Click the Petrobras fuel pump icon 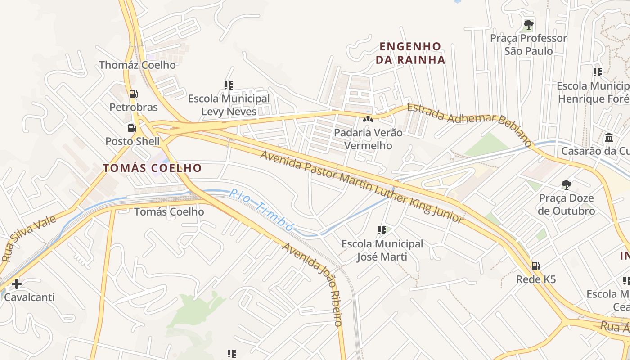coord(133,94)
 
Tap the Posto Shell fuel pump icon coord(132,128)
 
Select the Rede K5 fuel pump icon coord(535,266)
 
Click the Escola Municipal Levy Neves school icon coord(229,85)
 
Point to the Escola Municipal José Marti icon coord(382,230)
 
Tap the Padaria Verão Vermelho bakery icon coord(368,119)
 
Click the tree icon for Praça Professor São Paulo coord(529,25)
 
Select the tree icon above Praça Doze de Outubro coord(566,184)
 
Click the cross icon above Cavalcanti coord(17,284)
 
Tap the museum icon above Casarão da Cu coord(609,137)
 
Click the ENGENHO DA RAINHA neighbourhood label coord(410,53)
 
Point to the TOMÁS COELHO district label coord(152,168)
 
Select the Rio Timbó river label coord(261,210)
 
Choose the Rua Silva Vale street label coord(29,238)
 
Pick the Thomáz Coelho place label coord(137,65)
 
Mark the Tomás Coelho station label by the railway coord(169,211)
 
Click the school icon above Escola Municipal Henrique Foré coord(598,72)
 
